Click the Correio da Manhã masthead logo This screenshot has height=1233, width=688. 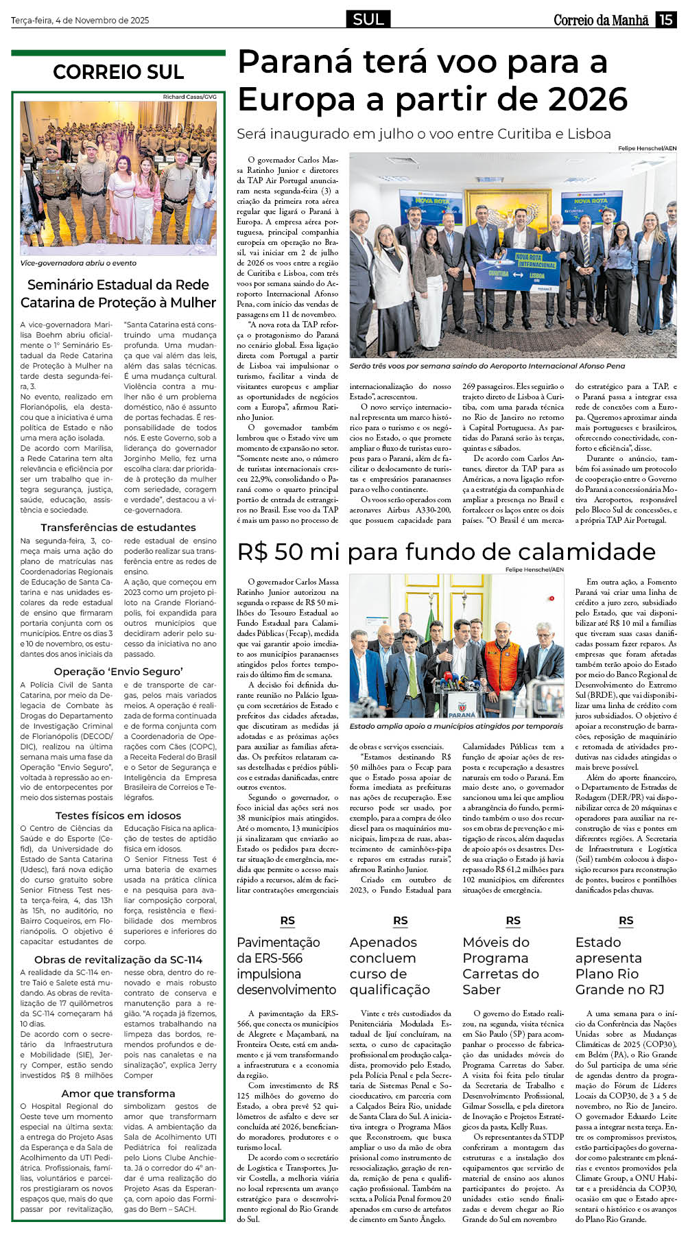[601, 20]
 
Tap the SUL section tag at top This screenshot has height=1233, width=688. [368, 19]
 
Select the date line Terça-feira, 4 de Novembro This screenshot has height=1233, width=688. [80, 21]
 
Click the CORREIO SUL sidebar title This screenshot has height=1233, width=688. [118, 72]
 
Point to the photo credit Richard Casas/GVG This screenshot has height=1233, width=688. [189, 97]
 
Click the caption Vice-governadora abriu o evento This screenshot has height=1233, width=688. [78, 263]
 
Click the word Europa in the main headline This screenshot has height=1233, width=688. [296, 99]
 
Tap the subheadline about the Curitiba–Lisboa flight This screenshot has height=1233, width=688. [424, 134]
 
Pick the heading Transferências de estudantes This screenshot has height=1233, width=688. [118, 527]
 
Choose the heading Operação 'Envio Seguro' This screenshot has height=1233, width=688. [118, 671]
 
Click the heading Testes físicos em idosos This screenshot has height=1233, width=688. [118, 815]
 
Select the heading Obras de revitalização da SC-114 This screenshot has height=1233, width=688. [118, 959]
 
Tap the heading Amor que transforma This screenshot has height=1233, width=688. [118, 1093]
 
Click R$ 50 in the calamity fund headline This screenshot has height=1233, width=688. [272, 552]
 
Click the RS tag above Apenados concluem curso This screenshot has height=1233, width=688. [400, 921]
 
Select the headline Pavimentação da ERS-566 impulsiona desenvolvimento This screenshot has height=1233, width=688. [287, 965]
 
